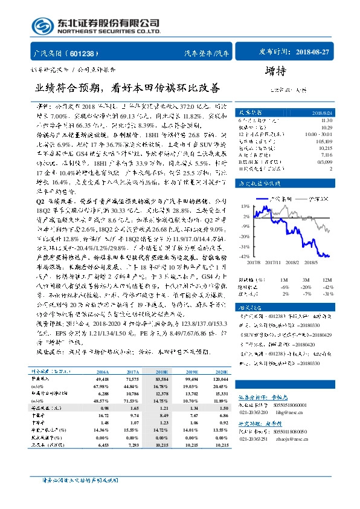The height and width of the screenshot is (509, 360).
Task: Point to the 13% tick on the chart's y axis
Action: tap(246, 206)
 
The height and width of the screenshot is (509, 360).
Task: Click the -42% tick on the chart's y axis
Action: tap(244, 256)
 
